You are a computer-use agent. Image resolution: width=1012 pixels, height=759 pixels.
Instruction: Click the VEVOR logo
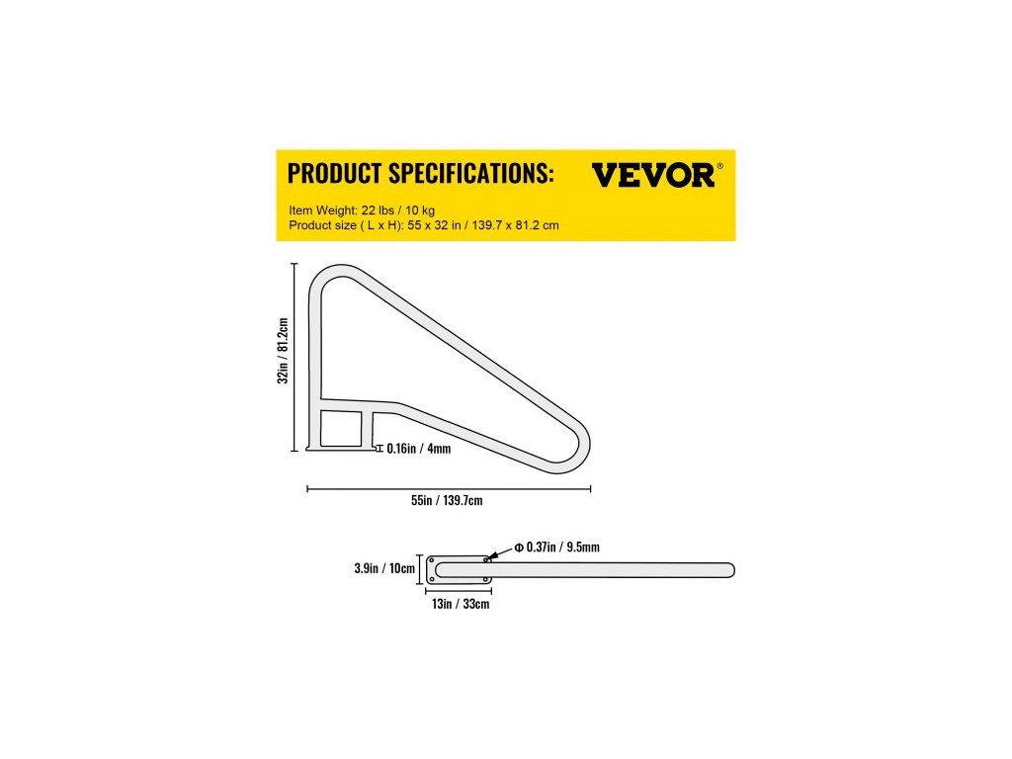click(x=652, y=175)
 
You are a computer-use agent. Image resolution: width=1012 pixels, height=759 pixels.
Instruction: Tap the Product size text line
click(x=424, y=225)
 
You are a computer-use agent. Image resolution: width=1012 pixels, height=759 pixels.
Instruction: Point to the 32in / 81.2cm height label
click(x=283, y=351)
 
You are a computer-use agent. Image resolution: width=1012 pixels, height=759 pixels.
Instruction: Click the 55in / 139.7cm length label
click(x=447, y=501)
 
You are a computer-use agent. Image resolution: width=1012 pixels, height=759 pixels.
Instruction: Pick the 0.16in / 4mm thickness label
click(x=418, y=448)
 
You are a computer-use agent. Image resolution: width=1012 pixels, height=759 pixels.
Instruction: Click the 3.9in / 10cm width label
click(x=384, y=569)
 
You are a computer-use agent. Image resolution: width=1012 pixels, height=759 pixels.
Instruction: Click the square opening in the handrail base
click(x=341, y=429)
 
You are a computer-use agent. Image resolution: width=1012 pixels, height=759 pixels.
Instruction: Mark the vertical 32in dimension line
click(x=295, y=356)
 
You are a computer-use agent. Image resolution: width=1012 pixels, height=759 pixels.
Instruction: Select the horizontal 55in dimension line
click(x=449, y=488)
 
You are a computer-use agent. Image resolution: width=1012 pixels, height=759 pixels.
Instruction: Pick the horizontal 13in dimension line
click(x=459, y=590)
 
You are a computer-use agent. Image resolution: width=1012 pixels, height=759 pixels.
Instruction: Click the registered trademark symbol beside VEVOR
click(x=719, y=166)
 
